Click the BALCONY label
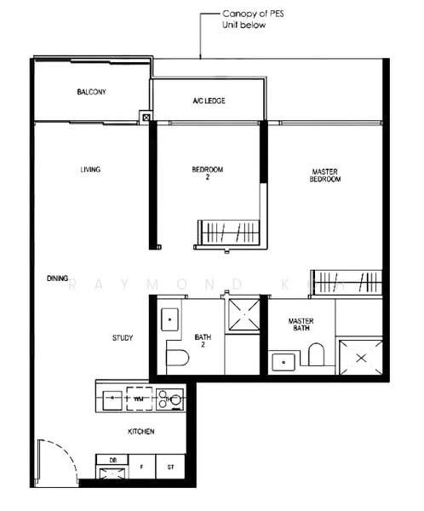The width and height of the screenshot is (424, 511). coord(90,92)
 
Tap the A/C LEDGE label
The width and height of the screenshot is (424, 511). coord(208,100)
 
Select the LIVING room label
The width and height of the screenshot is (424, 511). coord(90,169)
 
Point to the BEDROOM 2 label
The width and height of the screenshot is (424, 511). coord(207,173)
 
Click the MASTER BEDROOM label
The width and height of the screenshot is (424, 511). coord(324,175)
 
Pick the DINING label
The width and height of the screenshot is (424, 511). coord(57,278)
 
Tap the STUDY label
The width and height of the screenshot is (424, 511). coord(122,338)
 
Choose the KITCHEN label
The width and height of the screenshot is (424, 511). coord(140,432)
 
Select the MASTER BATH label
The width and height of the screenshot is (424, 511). coord(301,324)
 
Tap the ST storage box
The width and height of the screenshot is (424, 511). coord(169,467)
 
